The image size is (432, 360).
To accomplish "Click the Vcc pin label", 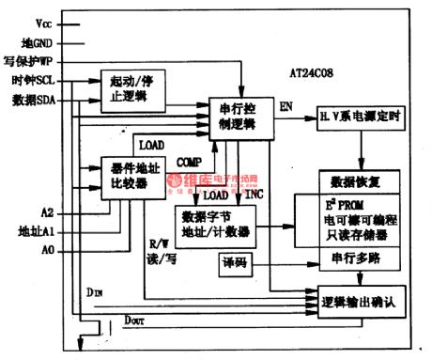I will pyautogui.click(x=44, y=20).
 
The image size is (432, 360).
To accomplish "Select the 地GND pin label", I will pyautogui.click(x=39, y=42).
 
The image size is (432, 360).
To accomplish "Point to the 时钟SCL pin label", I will pyautogui.click(x=34, y=82).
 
